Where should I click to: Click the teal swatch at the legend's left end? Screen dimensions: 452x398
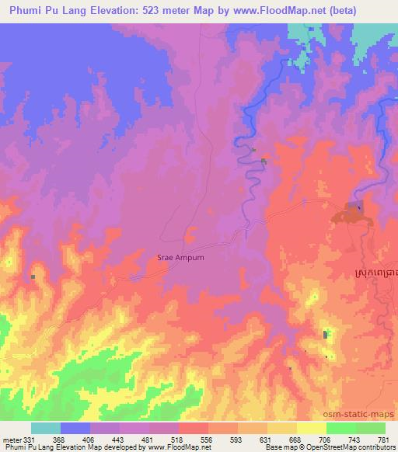(46, 428)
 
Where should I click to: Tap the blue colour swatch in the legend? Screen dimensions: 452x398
(75, 428)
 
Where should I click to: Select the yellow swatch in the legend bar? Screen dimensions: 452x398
(311, 428)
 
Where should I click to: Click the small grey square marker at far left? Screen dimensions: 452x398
(33, 276)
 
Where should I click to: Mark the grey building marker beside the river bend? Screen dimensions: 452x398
(264, 162)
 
